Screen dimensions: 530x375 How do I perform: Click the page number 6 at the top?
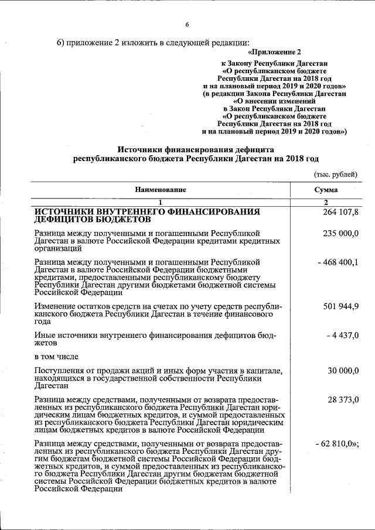tap(187, 25)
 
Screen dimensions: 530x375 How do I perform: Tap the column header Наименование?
tap(161, 190)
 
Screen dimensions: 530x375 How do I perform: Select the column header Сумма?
tap(326, 190)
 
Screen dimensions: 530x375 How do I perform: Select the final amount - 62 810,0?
tap(336, 443)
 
